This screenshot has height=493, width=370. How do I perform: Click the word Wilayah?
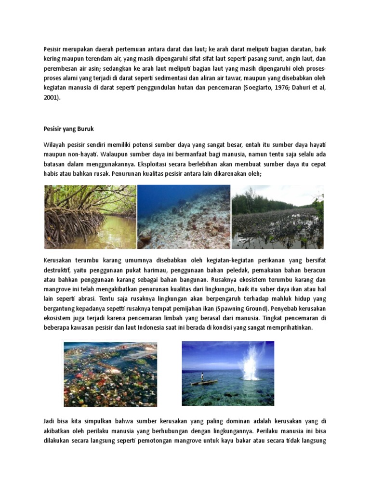(x=54, y=144)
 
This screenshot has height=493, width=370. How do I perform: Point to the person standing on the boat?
(x=202, y=376)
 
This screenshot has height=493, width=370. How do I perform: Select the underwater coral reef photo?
(x=184, y=217)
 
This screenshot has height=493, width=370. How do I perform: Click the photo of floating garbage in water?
(x=110, y=374)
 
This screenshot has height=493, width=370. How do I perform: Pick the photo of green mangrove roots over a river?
(x=90, y=217)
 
